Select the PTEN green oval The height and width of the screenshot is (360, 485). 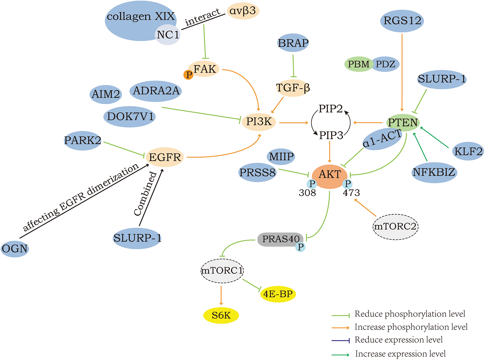click(403, 122)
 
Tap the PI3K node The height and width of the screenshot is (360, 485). click(259, 122)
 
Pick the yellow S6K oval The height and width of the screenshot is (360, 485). click(221, 315)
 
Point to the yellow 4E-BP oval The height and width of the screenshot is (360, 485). click(278, 294)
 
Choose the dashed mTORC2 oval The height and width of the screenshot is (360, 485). click(395, 227)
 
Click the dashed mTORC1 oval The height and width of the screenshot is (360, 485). click(222, 270)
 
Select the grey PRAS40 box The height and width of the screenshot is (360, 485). click(280, 239)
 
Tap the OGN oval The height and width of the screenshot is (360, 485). click(15, 249)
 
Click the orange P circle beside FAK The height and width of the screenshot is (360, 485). click(188, 75)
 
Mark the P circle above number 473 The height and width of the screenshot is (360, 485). click(348, 184)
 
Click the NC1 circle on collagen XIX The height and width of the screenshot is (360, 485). click(168, 34)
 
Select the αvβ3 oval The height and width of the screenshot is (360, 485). click(243, 11)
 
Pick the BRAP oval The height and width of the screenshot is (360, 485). click(293, 43)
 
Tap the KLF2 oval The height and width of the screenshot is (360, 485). click(468, 151)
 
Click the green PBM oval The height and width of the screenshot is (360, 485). click(359, 64)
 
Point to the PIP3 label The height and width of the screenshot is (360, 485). click(331, 135)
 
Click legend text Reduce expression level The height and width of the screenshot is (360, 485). click(398, 340)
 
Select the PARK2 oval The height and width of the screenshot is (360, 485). click(83, 141)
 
